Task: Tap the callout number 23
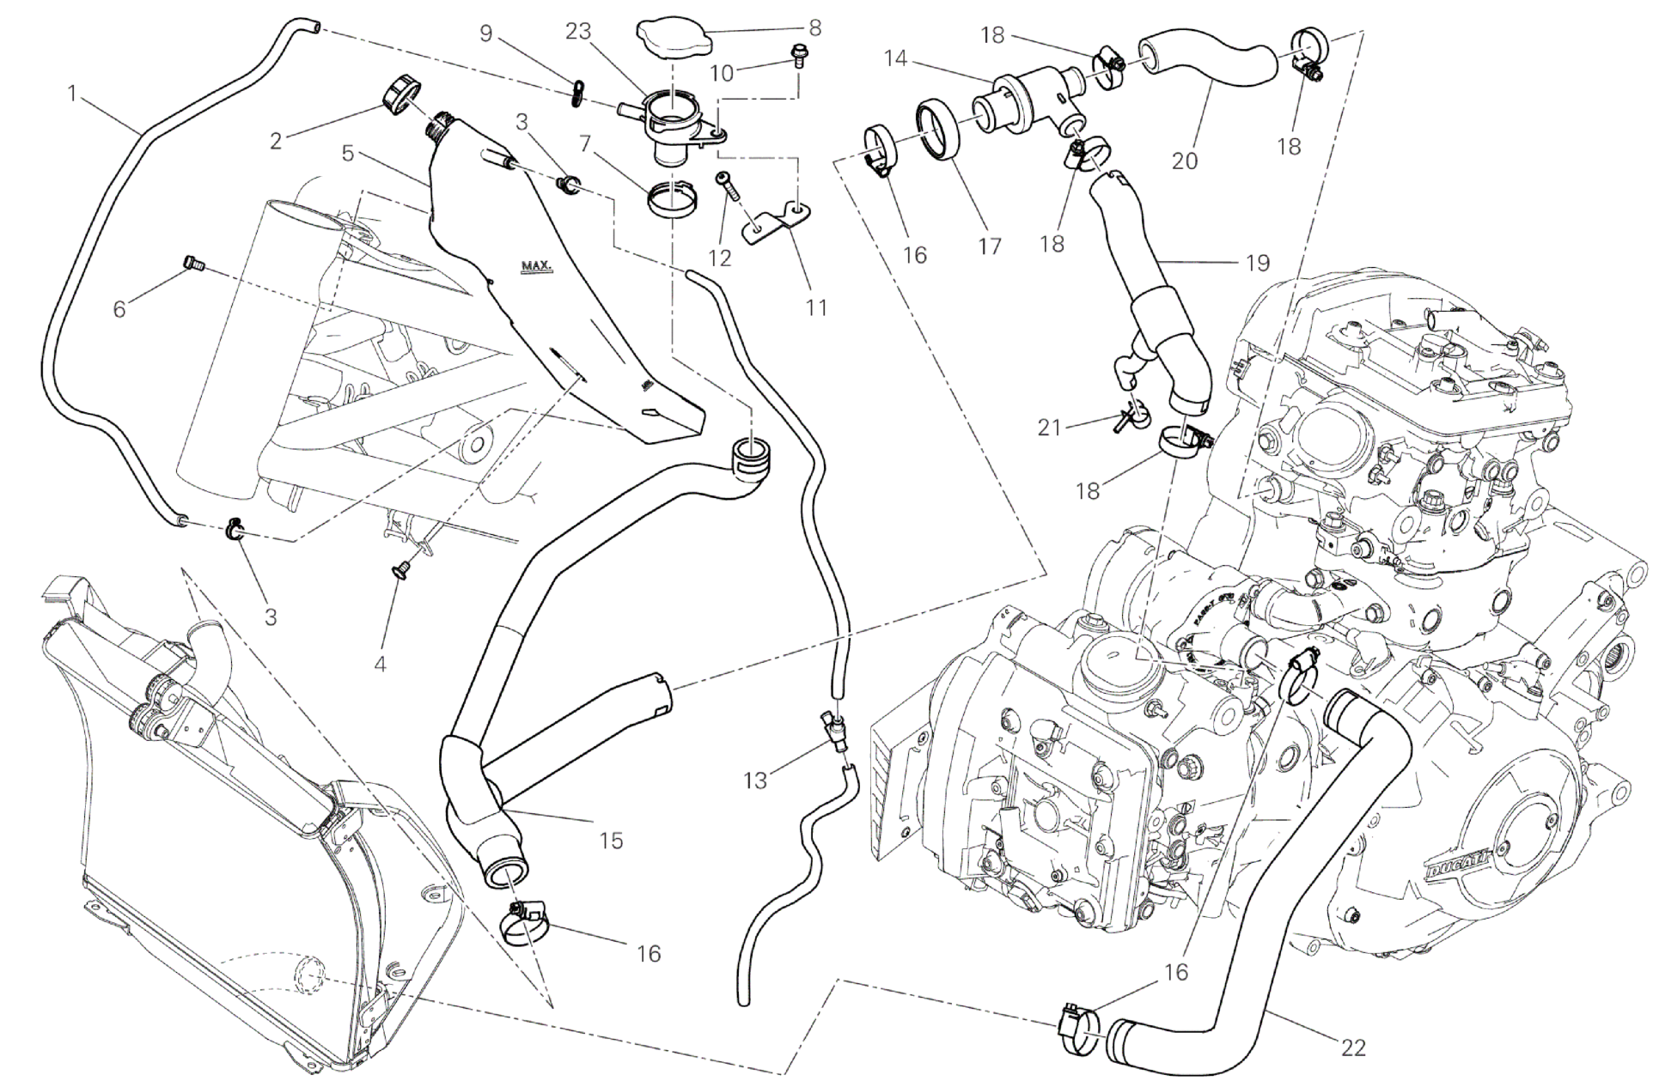(578, 31)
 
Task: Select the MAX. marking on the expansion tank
(538, 266)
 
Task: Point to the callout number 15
(611, 840)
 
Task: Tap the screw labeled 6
(193, 265)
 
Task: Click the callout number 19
(1255, 262)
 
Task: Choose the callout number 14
(895, 58)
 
